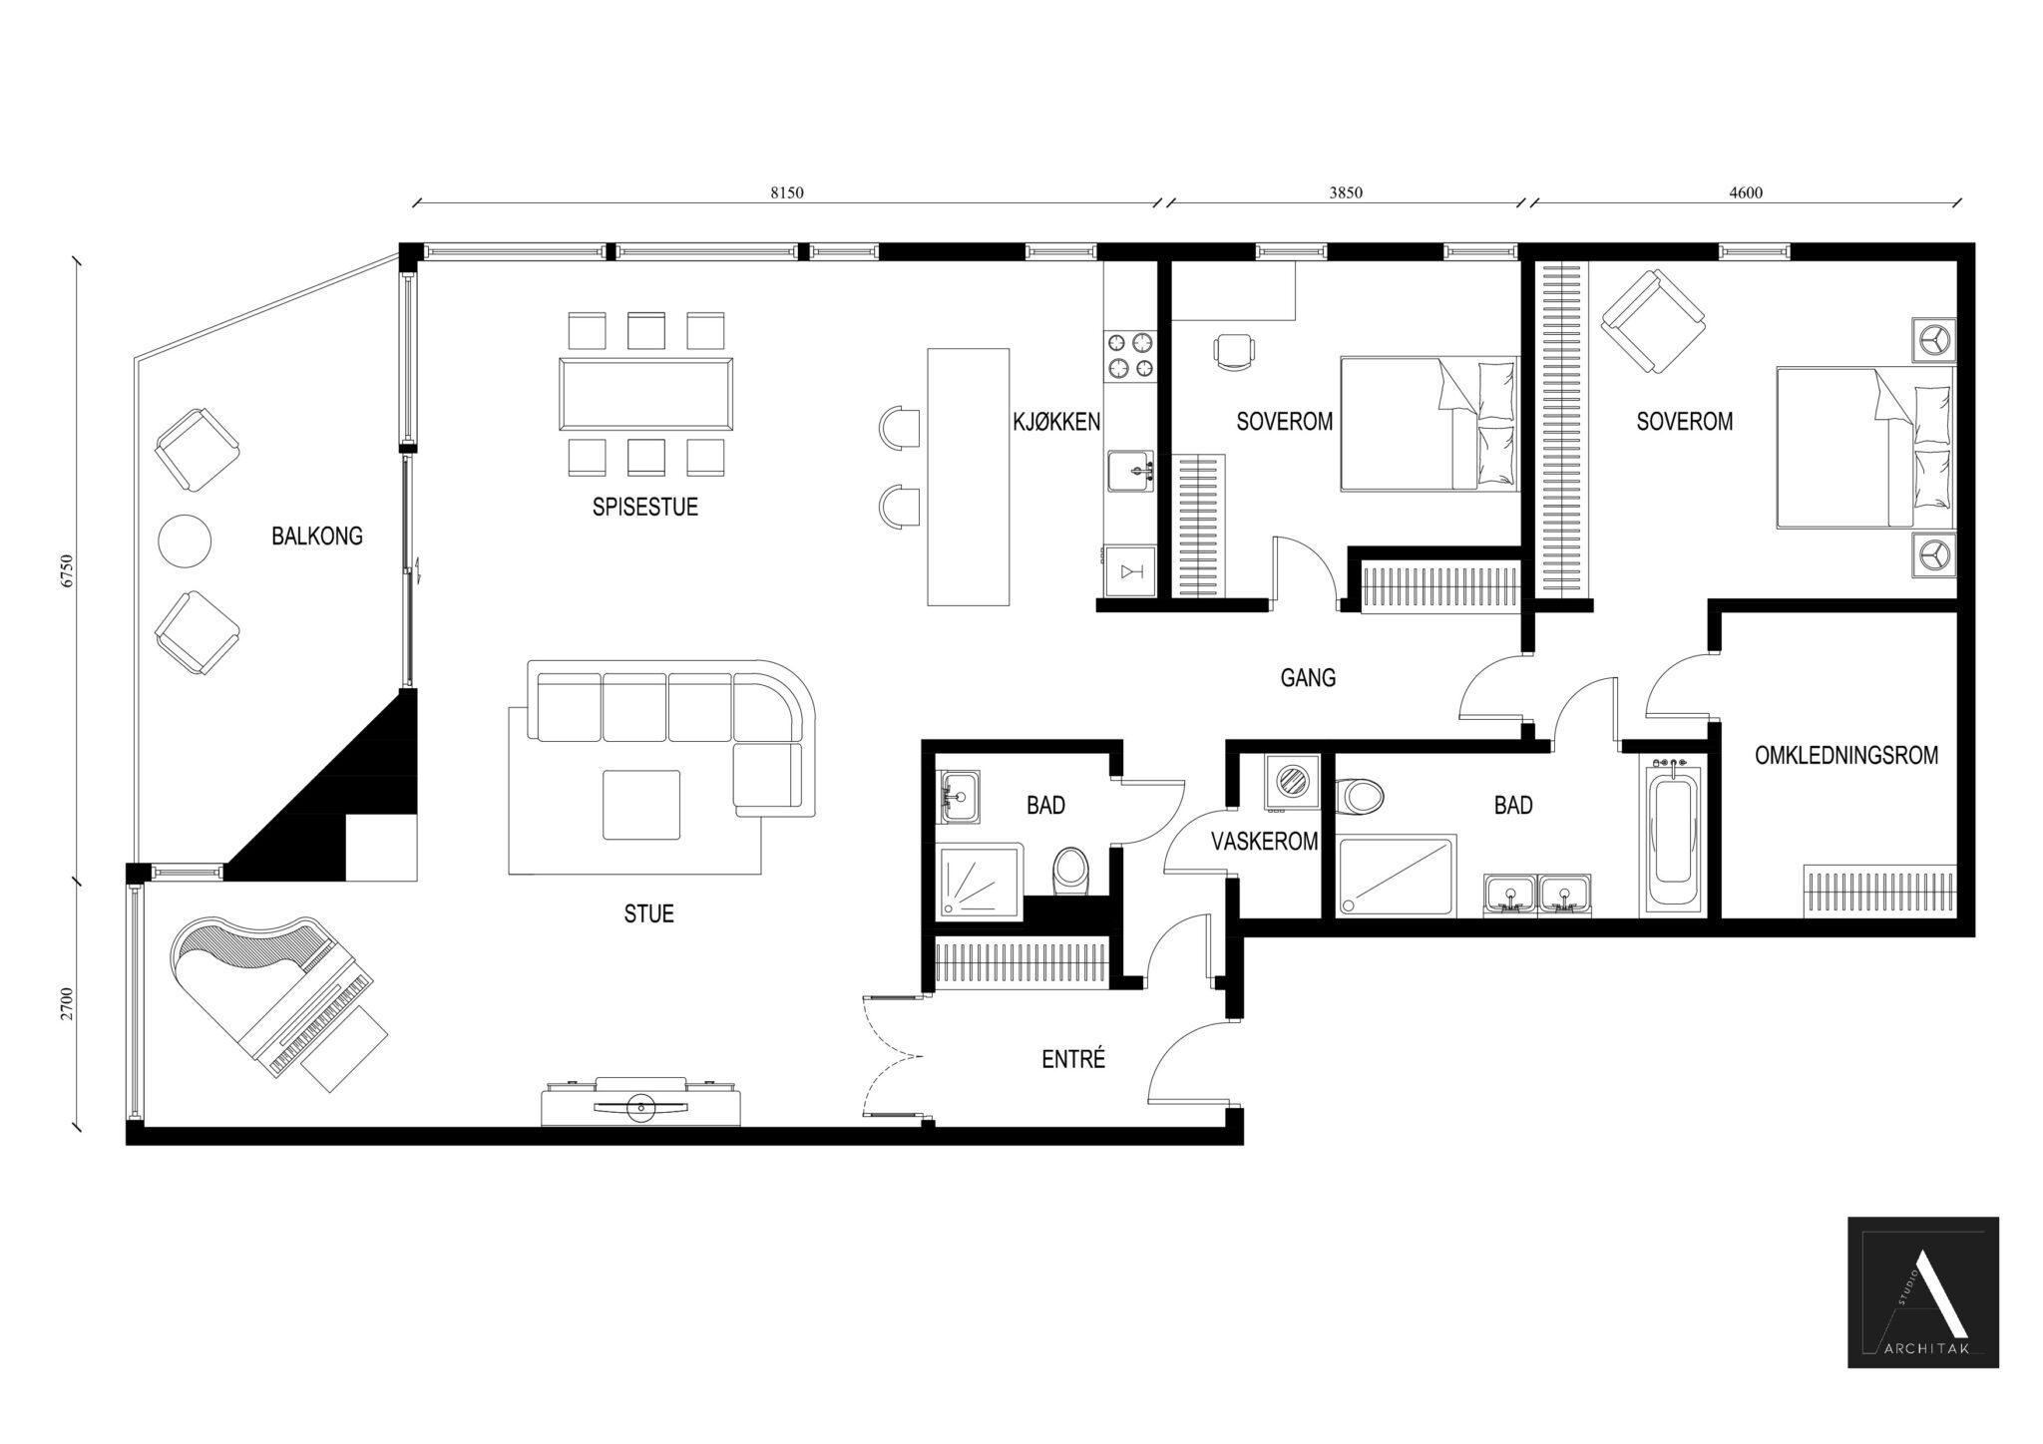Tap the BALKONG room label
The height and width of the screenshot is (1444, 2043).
coord(316,537)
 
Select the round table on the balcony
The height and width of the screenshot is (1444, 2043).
coord(185,541)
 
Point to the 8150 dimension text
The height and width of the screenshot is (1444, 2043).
coord(786,193)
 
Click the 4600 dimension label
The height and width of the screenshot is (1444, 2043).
coord(1746,193)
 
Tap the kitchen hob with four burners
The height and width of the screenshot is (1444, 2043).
coord(1129,356)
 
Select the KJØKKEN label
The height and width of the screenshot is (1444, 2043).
coord(1056,422)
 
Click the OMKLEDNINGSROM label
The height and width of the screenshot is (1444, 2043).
coord(1846,756)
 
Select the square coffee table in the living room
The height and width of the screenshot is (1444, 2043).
coord(641,805)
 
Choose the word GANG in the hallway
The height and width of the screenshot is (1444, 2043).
coord(1308,678)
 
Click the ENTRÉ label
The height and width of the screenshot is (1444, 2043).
coord(1073,1059)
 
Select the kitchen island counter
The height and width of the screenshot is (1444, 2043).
coord(968,476)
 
